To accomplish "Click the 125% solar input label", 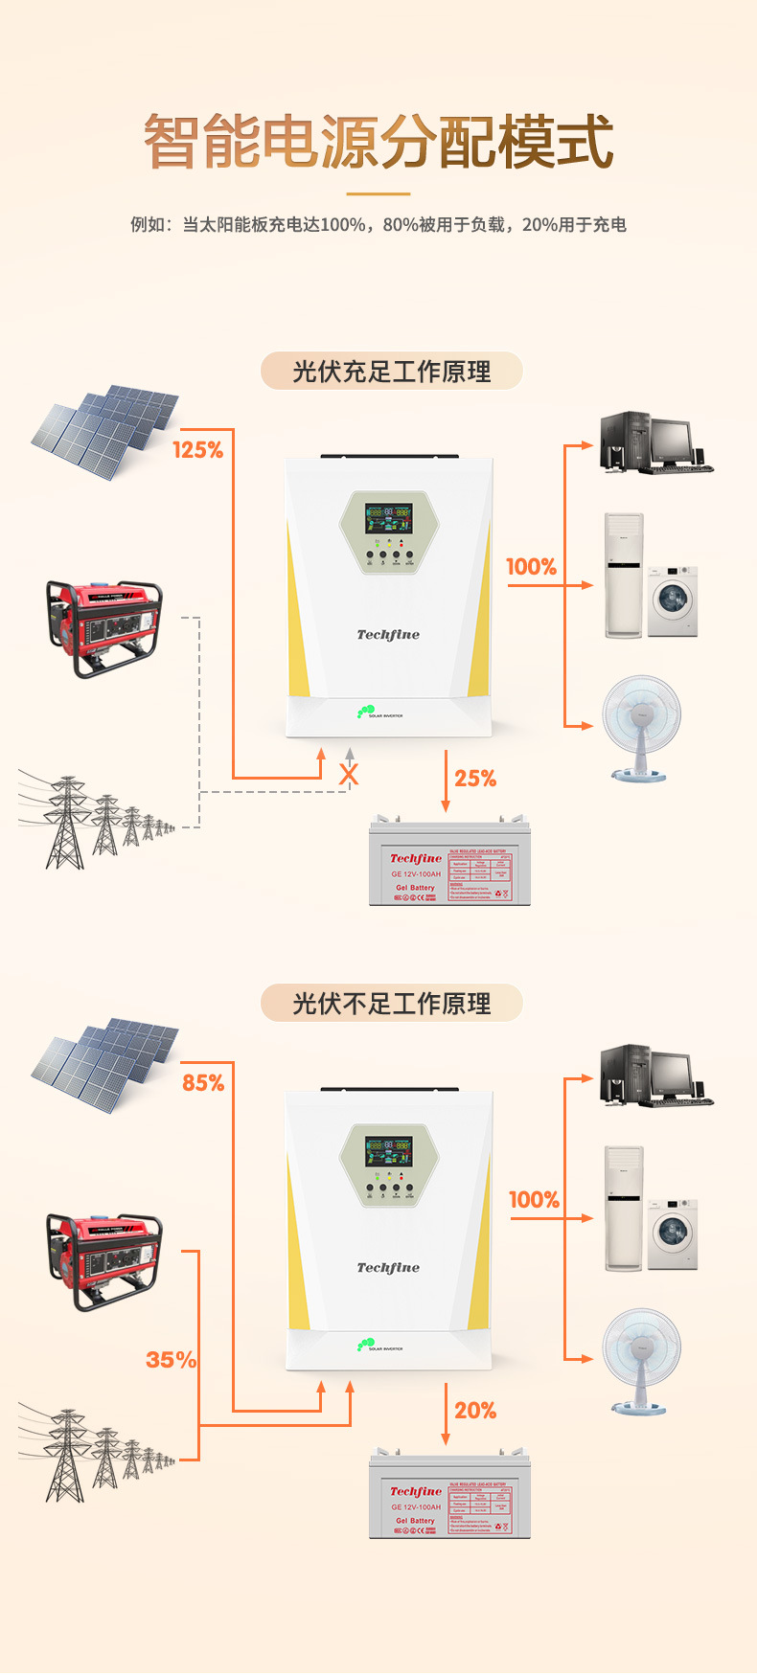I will click(x=197, y=449).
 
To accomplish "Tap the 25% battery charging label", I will click(x=475, y=779).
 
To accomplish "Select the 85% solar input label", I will click(x=203, y=1082).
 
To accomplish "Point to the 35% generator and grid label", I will click(x=171, y=1360).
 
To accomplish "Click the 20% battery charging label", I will click(x=475, y=1411).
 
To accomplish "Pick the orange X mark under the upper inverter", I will click(x=349, y=775).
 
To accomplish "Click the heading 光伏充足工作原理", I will click(x=391, y=372).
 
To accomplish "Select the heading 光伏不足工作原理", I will click(x=391, y=1004).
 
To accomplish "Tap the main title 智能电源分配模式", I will click(x=378, y=142).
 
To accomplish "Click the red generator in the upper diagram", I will click(x=103, y=627).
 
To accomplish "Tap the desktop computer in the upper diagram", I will click(x=655, y=442).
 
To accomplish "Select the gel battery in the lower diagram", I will click(x=449, y=1497).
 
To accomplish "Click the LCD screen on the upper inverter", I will click(x=388, y=520).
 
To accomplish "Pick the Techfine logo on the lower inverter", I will click(x=388, y=1268).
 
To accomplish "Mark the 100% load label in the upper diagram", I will click(x=531, y=567).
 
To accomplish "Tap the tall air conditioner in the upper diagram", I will click(x=623, y=576).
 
